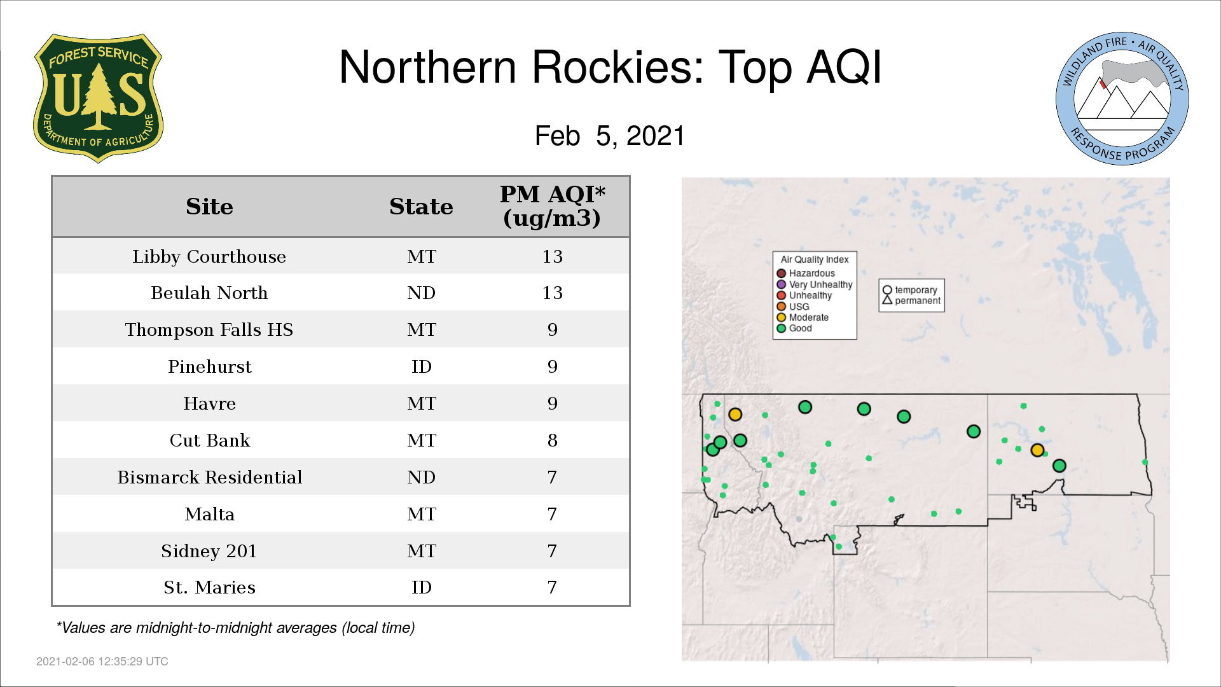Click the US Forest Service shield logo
coord(98,98)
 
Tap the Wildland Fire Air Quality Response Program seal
coord(1122,99)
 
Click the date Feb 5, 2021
coord(609,136)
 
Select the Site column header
coord(209,207)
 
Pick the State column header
coord(421,207)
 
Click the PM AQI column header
coord(552,206)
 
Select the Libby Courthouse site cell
coord(209,256)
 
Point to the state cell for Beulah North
coord(422,293)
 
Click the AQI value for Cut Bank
coord(552,441)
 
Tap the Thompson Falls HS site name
coord(209,330)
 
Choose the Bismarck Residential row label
coord(209,478)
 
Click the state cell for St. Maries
coord(422,588)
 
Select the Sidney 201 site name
coord(209,551)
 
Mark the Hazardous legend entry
coord(806,274)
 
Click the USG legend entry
coord(793,307)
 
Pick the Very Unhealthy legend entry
coord(815,284)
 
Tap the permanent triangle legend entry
coord(911,301)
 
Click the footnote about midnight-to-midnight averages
coord(235,628)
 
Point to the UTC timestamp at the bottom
coord(102,662)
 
